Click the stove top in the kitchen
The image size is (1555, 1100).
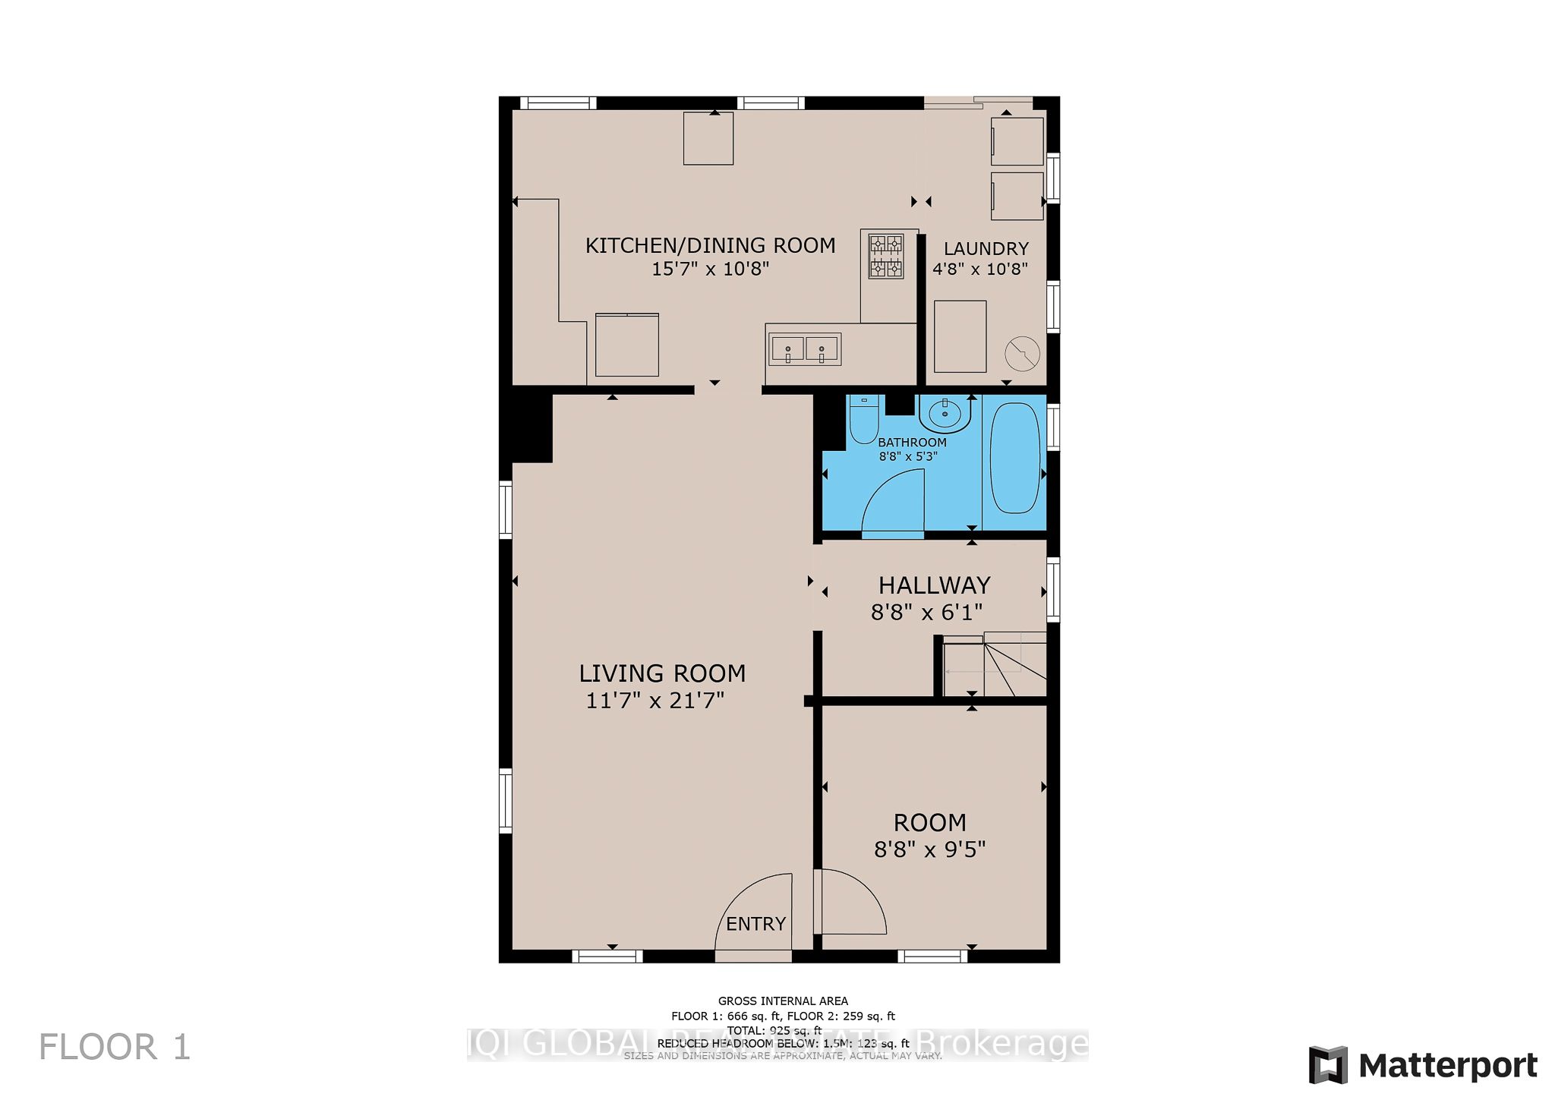(x=886, y=256)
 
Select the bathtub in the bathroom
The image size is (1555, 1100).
(x=1014, y=458)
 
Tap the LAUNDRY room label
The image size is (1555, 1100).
(x=986, y=249)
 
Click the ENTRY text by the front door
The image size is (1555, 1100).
(x=755, y=924)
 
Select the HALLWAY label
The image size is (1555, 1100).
(x=934, y=585)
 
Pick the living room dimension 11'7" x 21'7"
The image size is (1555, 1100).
(x=654, y=701)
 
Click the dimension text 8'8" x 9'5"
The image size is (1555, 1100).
(x=929, y=849)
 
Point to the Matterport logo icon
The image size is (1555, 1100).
(x=1328, y=1064)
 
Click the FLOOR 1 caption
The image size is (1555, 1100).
(x=115, y=1048)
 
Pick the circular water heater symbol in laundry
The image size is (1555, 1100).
(x=1022, y=353)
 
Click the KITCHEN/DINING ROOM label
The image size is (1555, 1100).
(x=710, y=246)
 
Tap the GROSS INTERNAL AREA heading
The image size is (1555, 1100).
(x=783, y=1001)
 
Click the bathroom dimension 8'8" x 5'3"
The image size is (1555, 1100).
(x=908, y=456)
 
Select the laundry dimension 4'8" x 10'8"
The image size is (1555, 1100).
(x=979, y=269)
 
